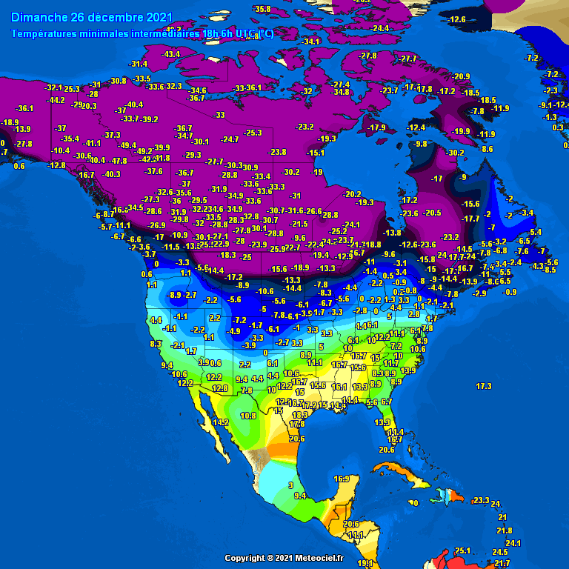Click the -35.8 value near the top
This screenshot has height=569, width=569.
pyautogui.click(x=261, y=9)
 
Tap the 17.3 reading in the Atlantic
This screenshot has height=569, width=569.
pyautogui.click(x=484, y=387)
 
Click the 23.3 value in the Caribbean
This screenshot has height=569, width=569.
pyautogui.click(x=481, y=501)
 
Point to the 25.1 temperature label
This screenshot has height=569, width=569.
pyautogui.click(x=463, y=550)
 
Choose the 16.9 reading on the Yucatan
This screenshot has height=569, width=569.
pyautogui.click(x=341, y=479)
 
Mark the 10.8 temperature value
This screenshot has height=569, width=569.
pyautogui.click(x=248, y=416)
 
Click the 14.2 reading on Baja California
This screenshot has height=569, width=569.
pyautogui.click(x=220, y=422)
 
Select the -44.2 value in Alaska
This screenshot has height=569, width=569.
pyautogui.click(x=56, y=100)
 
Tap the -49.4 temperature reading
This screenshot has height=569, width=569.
pyautogui.click(x=127, y=145)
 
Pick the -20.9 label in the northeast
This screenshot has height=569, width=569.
pyautogui.click(x=461, y=77)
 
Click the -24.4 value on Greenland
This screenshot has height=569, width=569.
pyautogui.click(x=380, y=28)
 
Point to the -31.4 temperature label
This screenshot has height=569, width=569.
pyautogui.click(x=138, y=64)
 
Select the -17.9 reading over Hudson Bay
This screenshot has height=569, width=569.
pyautogui.click(x=377, y=128)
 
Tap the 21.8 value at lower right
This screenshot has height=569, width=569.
pyautogui.click(x=505, y=530)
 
